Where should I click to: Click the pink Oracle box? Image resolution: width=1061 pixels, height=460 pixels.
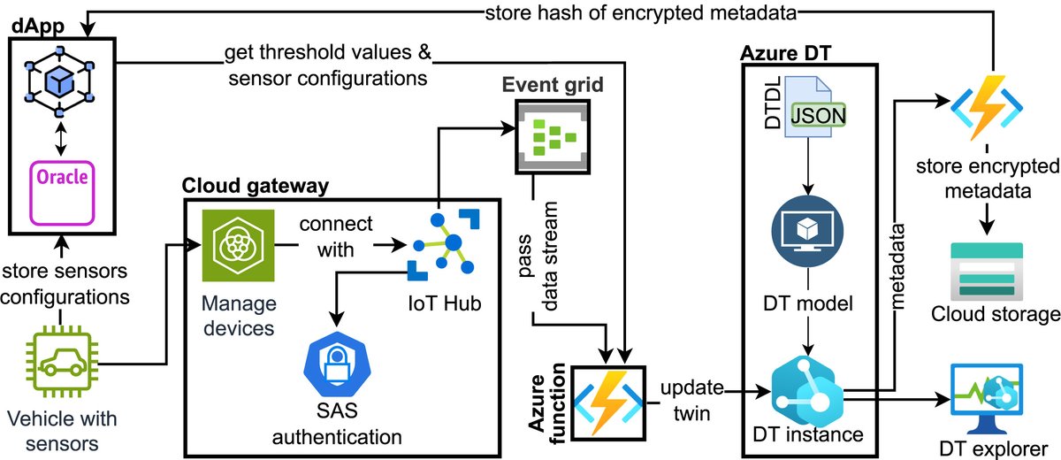61,192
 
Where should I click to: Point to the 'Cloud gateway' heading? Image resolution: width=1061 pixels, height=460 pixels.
256,186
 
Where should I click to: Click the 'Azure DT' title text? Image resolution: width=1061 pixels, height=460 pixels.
779,54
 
